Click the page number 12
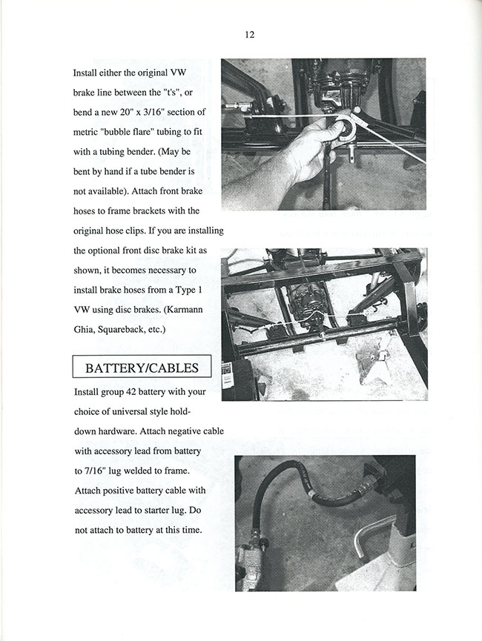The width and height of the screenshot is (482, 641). click(x=249, y=35)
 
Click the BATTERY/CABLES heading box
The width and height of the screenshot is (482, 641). click(x=141, y=368)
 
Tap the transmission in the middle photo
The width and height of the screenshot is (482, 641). click(x=308, y=300)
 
